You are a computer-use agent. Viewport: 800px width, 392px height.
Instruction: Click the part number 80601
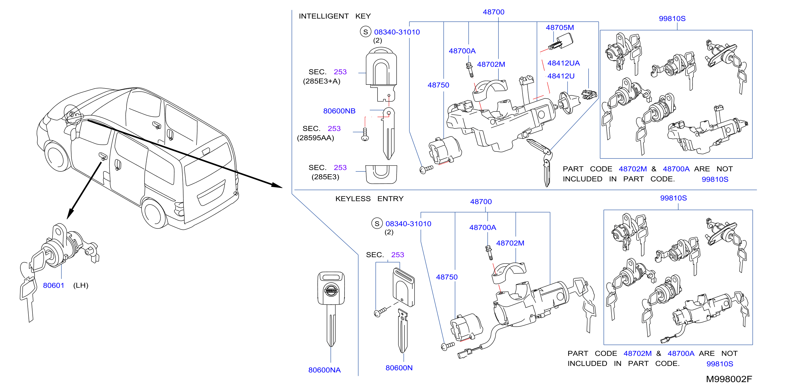tap(53, 285)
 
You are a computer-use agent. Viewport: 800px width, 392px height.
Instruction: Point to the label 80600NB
tap(339, 111)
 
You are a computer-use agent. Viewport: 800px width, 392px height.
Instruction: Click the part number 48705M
tap(560, 27)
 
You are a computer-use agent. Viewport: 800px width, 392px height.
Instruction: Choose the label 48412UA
tap(563, 63)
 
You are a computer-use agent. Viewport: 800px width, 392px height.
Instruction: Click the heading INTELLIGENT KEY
tap(335, 16)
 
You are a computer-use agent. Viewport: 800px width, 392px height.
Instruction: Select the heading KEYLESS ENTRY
tap(369, 198)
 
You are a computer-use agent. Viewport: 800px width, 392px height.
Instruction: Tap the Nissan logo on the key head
tap(331, 290)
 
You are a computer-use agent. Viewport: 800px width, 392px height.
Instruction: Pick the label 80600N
tap(399, 367)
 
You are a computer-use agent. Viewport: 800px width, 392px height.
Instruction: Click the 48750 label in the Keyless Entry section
tap(446, 277)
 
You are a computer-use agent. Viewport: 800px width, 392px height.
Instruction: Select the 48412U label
tap(561, 76)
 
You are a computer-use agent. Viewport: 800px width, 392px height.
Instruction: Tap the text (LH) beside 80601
tap(81, 285)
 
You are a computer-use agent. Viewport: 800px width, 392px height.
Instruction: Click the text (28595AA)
tap(316, 138)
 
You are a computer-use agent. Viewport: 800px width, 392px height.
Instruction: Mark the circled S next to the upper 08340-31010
tap(365, 32)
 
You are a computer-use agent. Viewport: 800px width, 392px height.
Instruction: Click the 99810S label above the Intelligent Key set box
tap(672, 18)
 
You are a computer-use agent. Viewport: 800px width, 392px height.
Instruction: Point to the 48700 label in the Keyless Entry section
tap(481, 201)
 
